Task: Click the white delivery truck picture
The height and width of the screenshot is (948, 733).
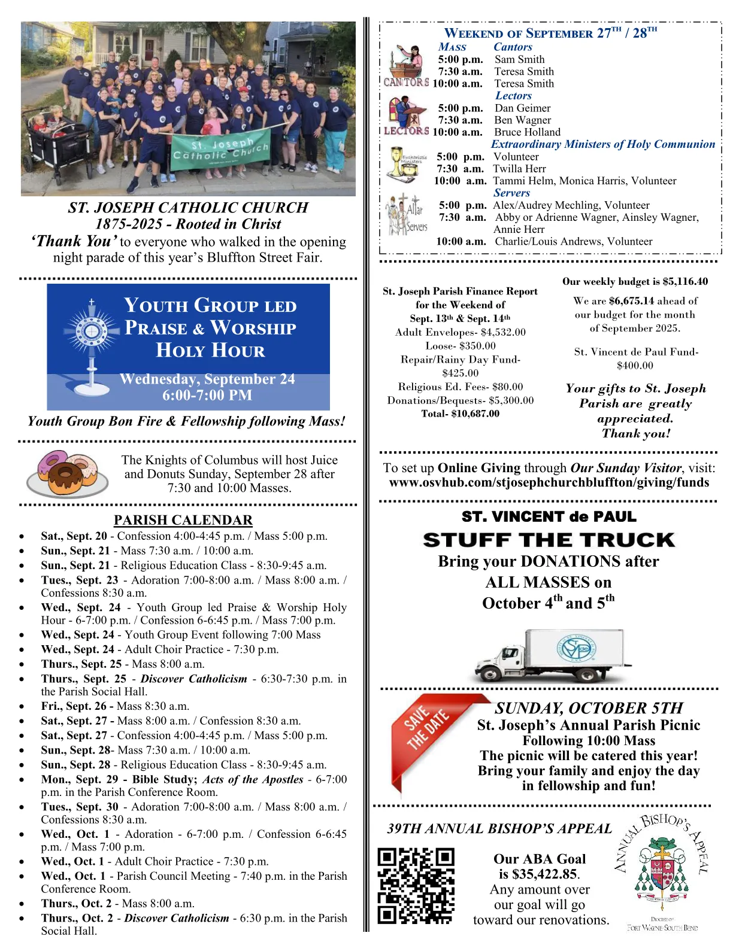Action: coord(552,656)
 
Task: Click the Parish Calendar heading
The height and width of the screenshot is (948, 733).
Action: coord(183,520)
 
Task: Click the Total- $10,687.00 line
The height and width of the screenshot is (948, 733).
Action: coord(460,414)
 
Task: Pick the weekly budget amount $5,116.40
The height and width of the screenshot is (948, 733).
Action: coord(685,281)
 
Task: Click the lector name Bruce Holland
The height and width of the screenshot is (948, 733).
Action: coord(527,132)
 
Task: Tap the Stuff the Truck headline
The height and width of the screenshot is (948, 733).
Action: coord(549,540)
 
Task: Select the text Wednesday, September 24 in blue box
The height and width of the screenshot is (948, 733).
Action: coord(207,379)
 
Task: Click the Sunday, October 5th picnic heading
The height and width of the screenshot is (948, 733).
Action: coord(589,708)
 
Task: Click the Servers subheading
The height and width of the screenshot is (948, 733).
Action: coord(511,193)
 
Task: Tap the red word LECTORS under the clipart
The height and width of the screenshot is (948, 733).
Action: coord(406,131)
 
